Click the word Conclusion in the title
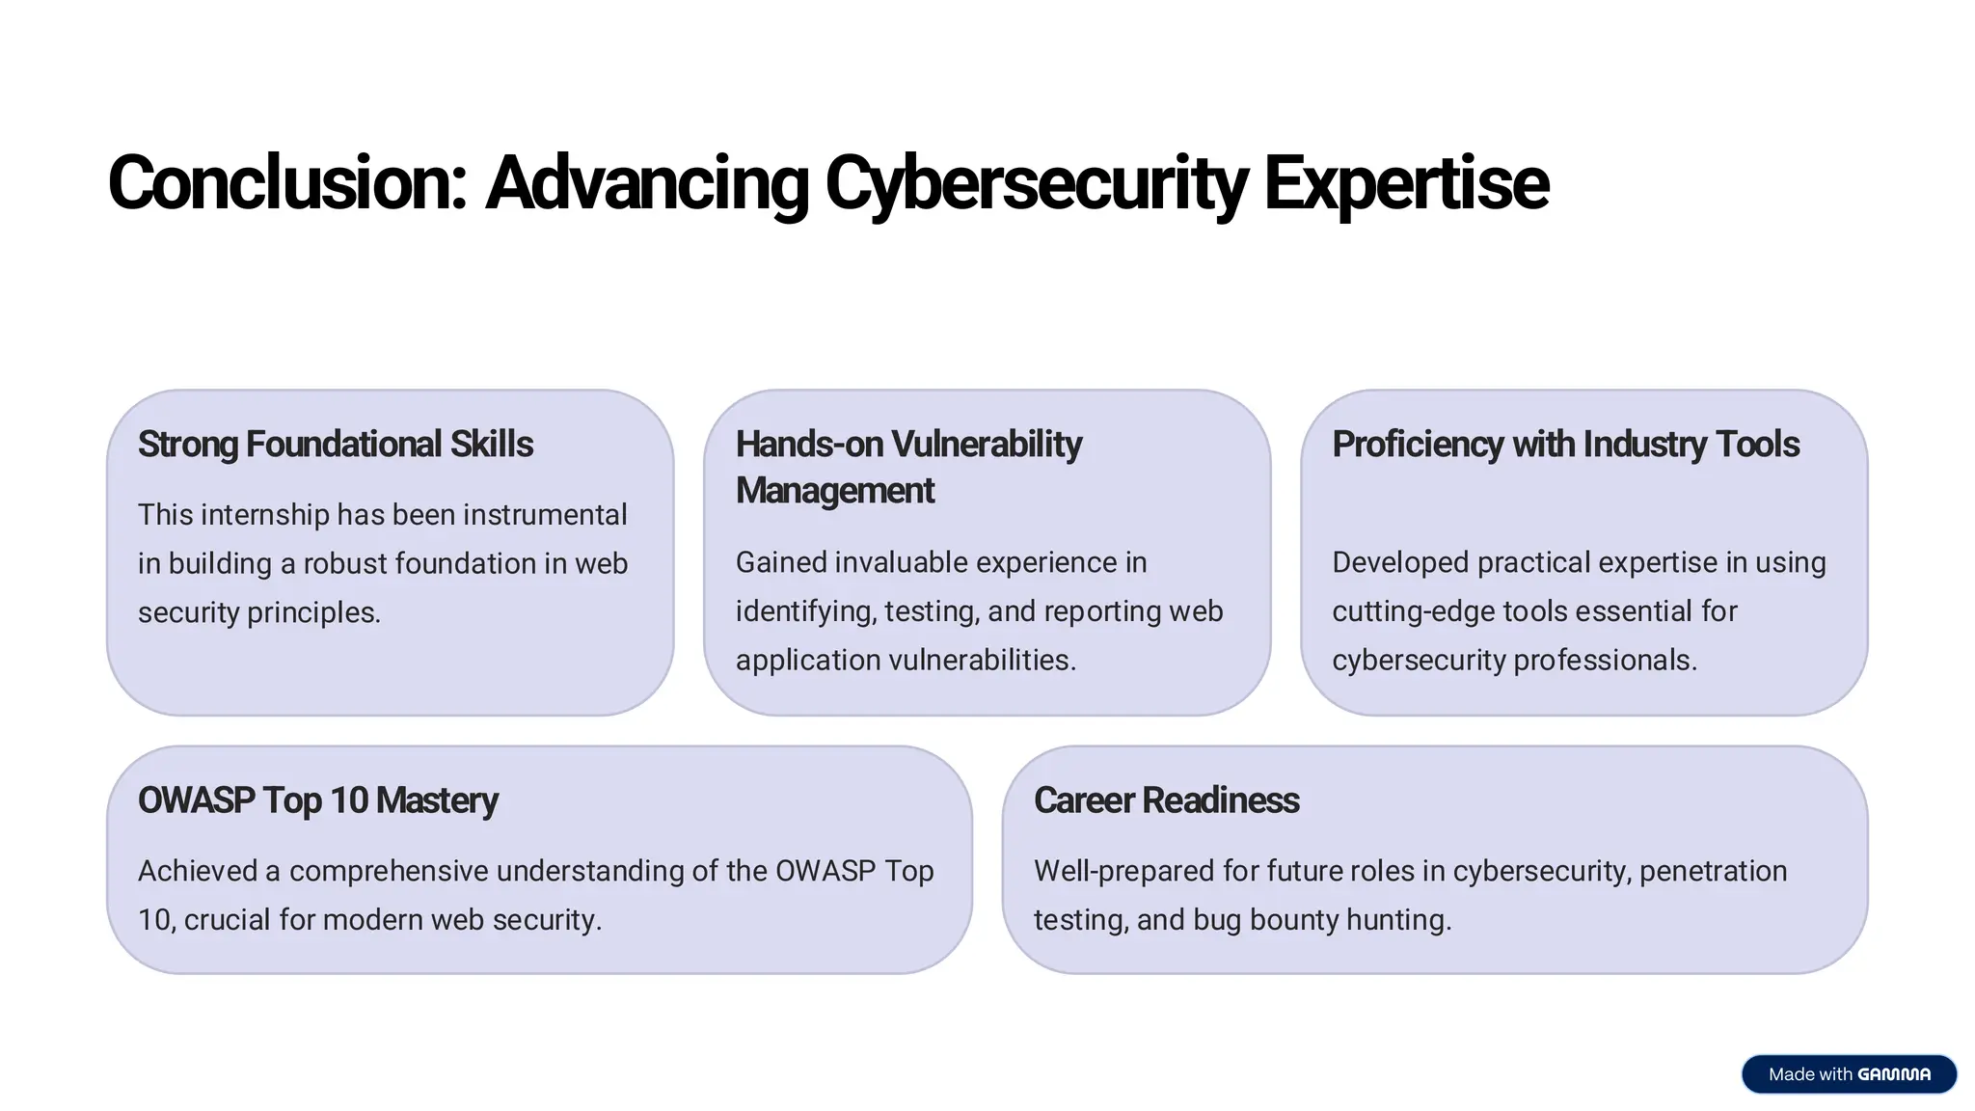[x=286, y=183]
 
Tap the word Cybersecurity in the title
[x=1036, y=183]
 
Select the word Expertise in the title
[x=1405, y=183]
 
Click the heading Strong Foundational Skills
[x=335, y=445]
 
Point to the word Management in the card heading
[x=834, y=491]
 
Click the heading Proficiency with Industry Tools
[x=1565, y=445]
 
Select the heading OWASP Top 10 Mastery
[x=317, y=800]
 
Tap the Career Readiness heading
[x=1166, y=800]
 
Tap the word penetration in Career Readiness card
[x=1713, y=871]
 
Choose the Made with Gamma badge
[x=1848, y=1074]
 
